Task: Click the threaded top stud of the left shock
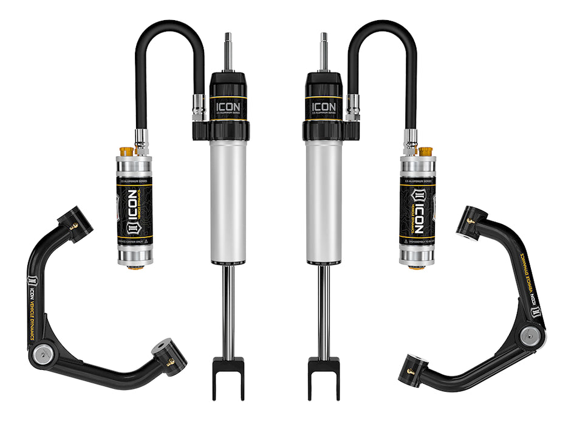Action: tap(228, 52)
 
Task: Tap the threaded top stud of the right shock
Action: tap(323, 52)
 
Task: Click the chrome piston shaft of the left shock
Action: tap(228, 310)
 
